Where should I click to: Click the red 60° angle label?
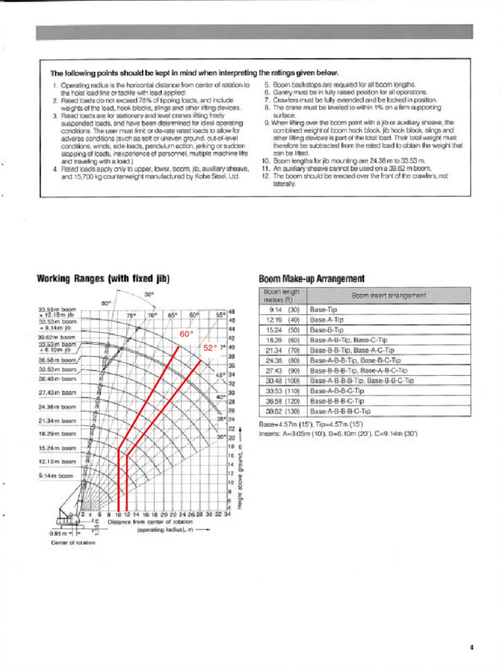(188, 334)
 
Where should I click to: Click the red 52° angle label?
(209, 348)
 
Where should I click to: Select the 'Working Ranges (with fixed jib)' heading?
(102, 278)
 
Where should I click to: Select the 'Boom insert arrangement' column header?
(388, 295)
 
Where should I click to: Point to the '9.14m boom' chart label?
(56, 476)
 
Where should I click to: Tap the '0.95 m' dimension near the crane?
(58, 534)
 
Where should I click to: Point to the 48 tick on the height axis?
(231, 312)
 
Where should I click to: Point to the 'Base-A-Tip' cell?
(326, 320)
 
